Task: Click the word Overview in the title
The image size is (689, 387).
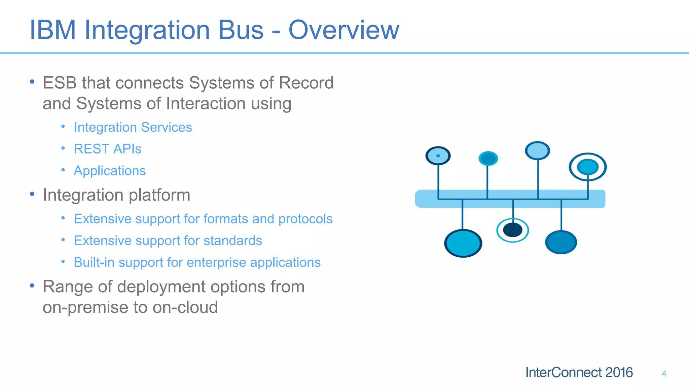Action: click(343, 30)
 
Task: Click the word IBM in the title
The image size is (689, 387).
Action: click(53, 30)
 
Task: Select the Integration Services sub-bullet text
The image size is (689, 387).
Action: click(133, 127)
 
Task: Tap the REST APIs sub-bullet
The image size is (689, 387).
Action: click(108, 149)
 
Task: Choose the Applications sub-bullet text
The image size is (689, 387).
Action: click(110, 171)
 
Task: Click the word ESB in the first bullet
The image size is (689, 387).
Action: click(60, 83)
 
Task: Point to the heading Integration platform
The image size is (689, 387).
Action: click(116, 195)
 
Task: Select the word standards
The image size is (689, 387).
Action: click(232, 241)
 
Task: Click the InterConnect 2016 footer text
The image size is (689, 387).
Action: click(579, 372)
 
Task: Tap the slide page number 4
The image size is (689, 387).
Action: click(664, 374)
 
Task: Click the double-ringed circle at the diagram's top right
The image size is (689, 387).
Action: click(587, 167)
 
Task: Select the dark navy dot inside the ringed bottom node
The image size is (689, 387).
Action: click(513, 230)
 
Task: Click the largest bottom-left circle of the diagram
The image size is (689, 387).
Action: click(463, 243)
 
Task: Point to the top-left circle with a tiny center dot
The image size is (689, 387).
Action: click(438, 156)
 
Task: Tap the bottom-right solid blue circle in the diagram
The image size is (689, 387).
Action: click(561, 242)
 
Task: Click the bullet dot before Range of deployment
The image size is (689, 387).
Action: click(32, 286)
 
